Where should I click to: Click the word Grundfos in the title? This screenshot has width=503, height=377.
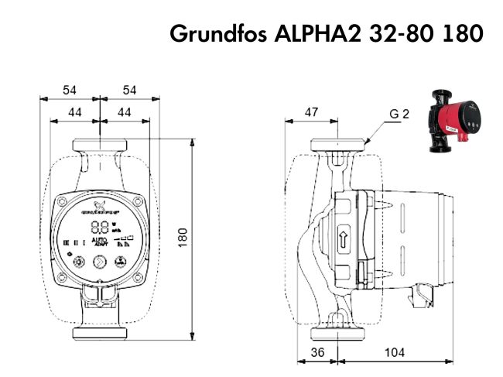coord(219,34)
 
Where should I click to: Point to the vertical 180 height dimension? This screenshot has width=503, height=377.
coord(203,238)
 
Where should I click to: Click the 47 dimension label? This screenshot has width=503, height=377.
coord(311,113)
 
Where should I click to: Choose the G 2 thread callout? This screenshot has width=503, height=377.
coord(399,115)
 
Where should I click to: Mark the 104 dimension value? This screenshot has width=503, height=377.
coord(395,353)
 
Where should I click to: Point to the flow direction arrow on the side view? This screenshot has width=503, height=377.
coord(343,237)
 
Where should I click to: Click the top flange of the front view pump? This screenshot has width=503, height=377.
coord(99,145)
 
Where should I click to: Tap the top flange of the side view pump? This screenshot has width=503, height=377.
coord(339,145)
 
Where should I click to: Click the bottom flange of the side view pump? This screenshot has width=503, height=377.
coord(339,334)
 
